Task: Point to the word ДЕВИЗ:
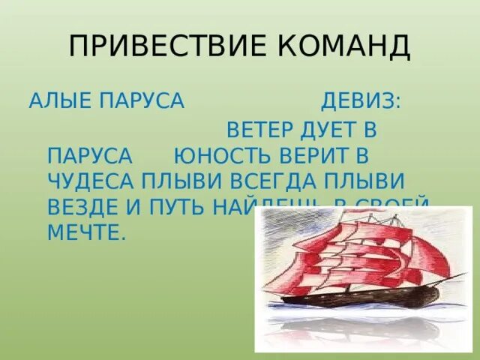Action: (x=361, y=101)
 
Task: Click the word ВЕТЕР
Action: (x=259, y=129)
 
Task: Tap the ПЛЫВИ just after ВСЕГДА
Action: (x=364, y=182)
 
